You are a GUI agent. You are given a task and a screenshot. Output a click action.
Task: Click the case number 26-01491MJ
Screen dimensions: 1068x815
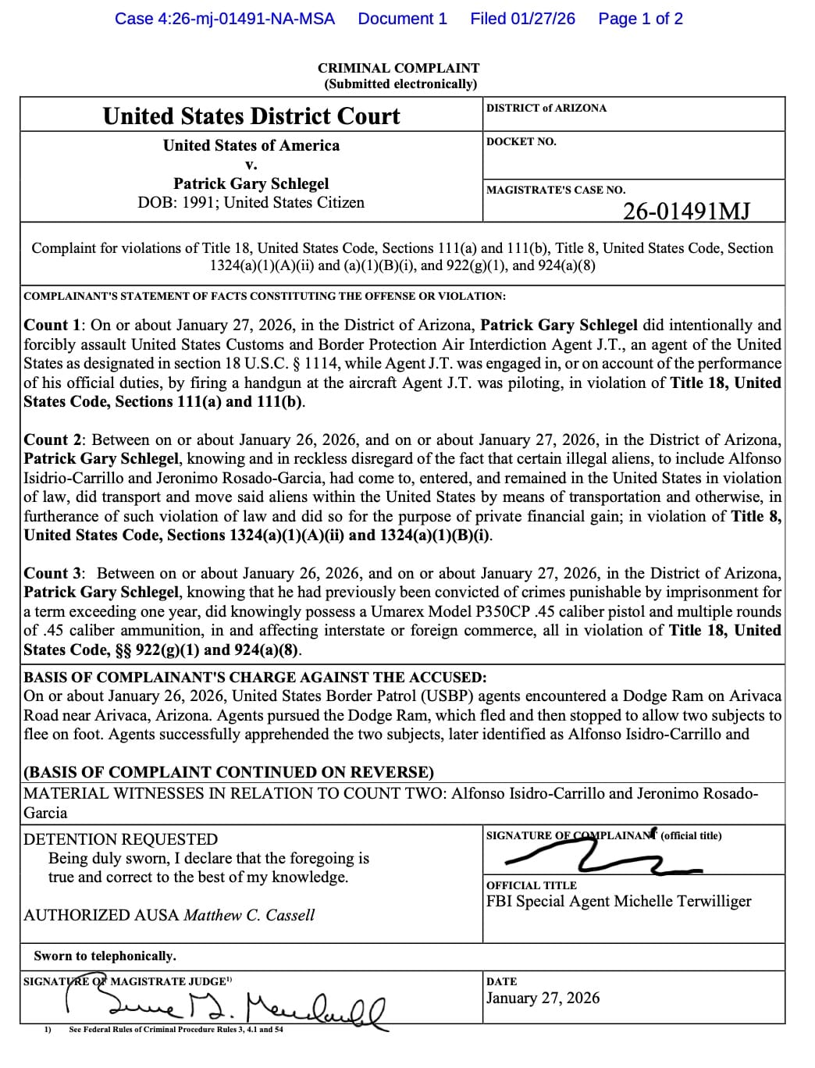(686, 211)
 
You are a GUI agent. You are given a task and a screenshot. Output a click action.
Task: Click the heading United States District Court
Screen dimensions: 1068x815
(251, 116)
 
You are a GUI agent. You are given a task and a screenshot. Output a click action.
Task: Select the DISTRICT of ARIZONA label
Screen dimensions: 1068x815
(546, 108)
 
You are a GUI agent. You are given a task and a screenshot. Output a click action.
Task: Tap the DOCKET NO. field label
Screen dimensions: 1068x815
(521, 141)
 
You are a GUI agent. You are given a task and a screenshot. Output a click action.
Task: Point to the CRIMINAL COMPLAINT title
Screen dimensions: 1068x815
(398, 68)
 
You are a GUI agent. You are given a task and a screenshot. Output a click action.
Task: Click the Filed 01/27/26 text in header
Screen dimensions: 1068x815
(522, 19)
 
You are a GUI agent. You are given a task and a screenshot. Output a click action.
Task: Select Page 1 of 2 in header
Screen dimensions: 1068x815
(640, 19)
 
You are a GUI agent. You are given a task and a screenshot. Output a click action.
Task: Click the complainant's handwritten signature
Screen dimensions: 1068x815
(601, 859)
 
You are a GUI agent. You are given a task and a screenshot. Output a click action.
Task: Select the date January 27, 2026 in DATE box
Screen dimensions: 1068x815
(543, 998)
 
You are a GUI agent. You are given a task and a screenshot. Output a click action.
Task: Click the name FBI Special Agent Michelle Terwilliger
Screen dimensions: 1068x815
(618, 901)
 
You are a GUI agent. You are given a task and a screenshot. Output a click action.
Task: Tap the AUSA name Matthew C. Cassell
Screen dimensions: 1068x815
(249, 915)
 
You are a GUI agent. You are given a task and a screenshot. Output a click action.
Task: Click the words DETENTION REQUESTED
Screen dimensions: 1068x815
(121, 839)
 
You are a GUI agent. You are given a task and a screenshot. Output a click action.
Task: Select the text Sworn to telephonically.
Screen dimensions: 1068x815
(105, 956)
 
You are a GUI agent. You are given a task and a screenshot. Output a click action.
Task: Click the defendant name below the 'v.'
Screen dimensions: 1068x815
(251, 183)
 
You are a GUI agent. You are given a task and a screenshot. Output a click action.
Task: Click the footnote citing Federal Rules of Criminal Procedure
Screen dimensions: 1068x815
(176, 1030)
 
